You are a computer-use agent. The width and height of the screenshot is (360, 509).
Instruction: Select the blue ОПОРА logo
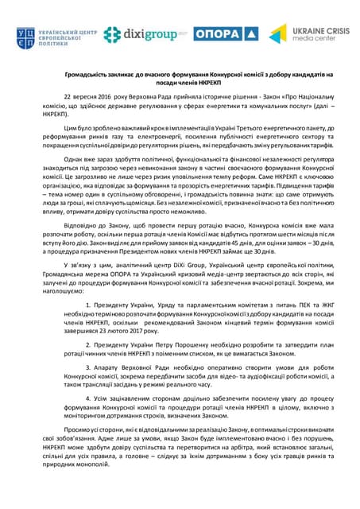pos(225,34)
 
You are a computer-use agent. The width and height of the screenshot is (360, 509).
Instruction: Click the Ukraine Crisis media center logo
pos(305,34)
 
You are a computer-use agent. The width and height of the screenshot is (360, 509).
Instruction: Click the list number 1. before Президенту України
pos(88,305)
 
